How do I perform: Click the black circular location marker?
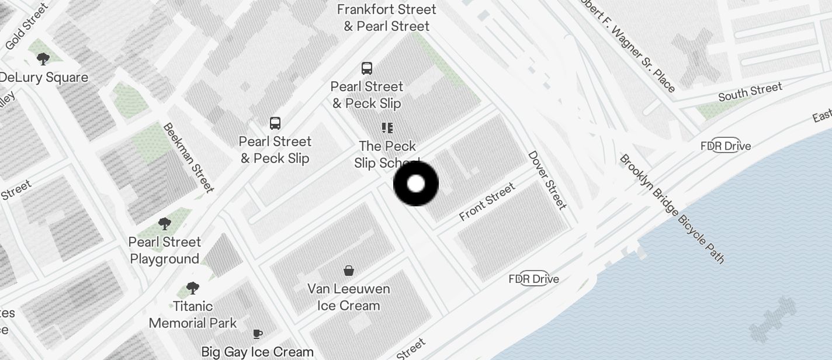[x=416, y=184]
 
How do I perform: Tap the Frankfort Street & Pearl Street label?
[x=387, y=18]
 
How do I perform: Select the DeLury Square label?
[x=44, y=77]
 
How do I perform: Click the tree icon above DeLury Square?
[x=43, y=58]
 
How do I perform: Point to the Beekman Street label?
[x=188, y=157]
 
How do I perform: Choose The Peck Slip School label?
[x=387, y=154]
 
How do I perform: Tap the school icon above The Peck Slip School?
[x=387, y=128]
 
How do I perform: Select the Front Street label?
[x=487, y=202]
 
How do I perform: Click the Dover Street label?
[x=547, y=180]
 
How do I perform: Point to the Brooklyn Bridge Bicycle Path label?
[x=672, y=209]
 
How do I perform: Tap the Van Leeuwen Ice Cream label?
[x=349, y=297]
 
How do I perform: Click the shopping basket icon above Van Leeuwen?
[x=349, y=271]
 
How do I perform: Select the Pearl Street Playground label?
[x=165, y=250]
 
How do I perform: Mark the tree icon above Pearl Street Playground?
[x=165, y=224]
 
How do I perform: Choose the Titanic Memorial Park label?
[x=193, y=314]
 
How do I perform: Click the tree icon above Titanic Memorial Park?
[x=192, y=288]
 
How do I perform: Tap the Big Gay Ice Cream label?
[x=257, y=352]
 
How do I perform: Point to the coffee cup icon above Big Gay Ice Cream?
[x=257, y=334]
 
